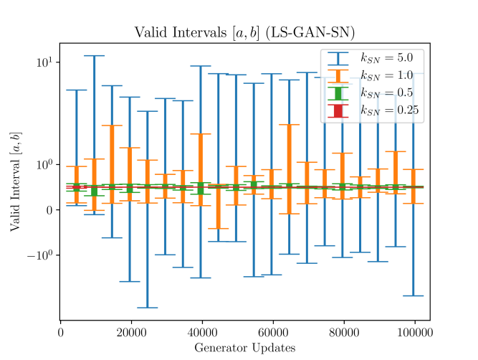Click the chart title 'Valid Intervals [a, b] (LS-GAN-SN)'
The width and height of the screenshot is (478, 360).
pos(244,33)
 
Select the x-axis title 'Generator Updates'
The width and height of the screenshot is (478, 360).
pos(244,348)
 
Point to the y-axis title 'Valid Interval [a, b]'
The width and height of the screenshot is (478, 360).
pos(15,181)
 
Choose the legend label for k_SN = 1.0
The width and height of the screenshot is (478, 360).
pos(386,75)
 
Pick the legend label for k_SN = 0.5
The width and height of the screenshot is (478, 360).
pos(386,93)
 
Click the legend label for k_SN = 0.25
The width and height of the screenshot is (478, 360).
pos(388,110)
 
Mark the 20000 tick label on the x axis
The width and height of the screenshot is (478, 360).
pos(130,333)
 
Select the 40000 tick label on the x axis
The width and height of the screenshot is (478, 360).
pos(201,333)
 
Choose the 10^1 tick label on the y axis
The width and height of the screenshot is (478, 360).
pos(44,62)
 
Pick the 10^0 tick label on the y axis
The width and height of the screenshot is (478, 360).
pos(44,164)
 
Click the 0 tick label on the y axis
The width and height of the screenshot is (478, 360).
pos(49,210)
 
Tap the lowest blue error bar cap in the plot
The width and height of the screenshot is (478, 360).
pos(148,308)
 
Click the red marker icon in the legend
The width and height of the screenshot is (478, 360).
pos(338,110)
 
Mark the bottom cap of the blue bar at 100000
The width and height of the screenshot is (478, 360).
pos(413,295)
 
